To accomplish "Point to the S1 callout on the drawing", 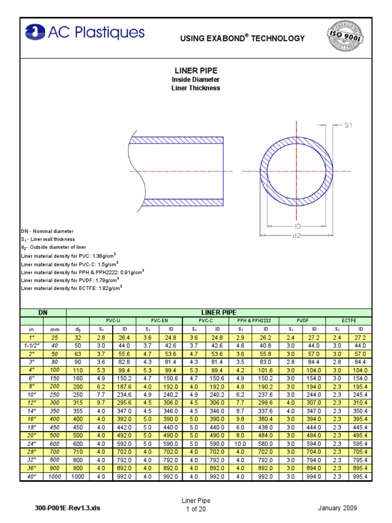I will (x=348, y=124).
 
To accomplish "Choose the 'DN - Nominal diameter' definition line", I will (x=47, y=231).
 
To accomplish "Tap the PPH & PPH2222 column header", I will (x=251, y=321).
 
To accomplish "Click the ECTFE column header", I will (x=349, y=321).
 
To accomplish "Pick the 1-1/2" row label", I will (x=32, y=346).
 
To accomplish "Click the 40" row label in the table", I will (x=32, y=477).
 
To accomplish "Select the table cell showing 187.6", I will (x=125, y=387).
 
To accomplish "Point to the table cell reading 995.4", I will (x=360, y=477).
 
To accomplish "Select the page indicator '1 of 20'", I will (x=195, y=509).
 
